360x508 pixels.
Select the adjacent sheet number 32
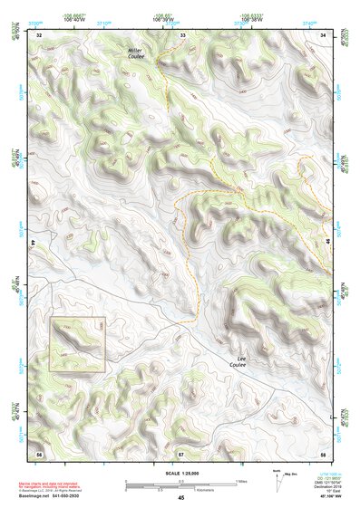39,34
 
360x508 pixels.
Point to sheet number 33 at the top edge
182,34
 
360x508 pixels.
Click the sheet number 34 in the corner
324,34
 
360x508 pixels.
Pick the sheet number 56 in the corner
39,452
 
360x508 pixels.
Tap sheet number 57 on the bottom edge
181,452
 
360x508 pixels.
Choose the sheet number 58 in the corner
323,452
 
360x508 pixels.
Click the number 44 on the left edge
35,243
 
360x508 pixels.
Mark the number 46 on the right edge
327,243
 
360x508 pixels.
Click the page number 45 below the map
181,497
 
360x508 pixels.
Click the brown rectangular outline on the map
78,345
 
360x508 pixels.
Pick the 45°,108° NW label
323,497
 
